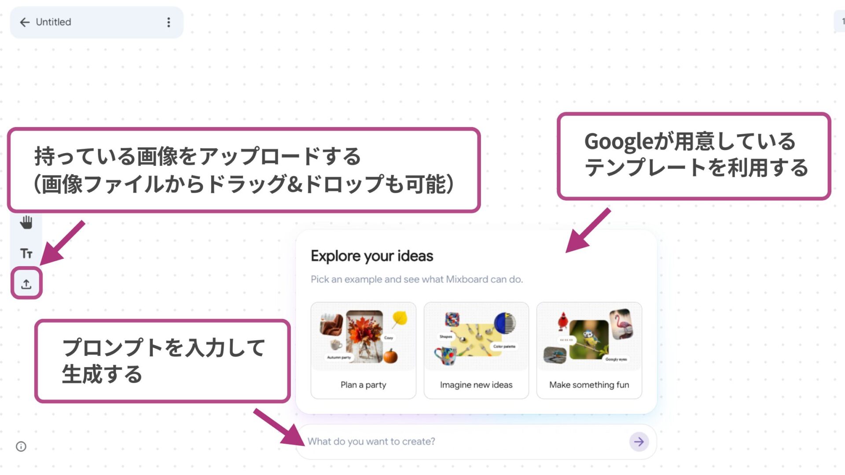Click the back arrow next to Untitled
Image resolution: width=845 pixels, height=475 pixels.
[25, 22]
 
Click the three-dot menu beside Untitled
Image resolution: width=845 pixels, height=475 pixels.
[169, 22]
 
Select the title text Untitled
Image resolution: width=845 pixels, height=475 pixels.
[53, 22]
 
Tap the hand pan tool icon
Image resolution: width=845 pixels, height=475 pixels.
[26, 223]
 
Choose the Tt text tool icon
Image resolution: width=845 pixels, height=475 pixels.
[26, 253]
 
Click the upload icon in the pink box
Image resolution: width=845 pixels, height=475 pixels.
[26, 284]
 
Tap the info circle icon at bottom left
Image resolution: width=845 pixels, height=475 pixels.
[21, 446]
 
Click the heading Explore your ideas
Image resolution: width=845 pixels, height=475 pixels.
[372, 256]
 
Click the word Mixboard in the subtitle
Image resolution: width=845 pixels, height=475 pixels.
[467, 279]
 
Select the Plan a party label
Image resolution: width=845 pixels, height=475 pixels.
[363, 385]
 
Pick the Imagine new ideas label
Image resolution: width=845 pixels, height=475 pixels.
[476, 385]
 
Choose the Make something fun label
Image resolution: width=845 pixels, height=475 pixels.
[589, 385]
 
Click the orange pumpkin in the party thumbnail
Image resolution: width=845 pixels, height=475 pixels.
[390, 356]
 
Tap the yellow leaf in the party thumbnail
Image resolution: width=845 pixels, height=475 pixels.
[400, 318]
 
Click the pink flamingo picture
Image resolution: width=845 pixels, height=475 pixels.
[622, 324]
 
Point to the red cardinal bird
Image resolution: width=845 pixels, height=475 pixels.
[563, 321]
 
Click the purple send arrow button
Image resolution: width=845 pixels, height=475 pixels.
[639, 442]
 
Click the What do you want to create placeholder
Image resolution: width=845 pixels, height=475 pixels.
[371, 442]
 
